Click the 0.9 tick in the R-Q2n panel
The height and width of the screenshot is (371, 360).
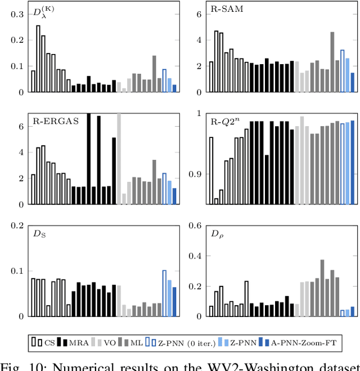click(x=195, y=174)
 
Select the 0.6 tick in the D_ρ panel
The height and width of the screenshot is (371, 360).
click(x=195, y=226)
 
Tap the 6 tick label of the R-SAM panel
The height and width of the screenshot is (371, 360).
click(x=200, y=14)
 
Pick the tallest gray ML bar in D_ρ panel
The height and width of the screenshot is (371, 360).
click(x=322, y=288)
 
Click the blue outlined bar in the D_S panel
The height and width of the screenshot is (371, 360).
click(x=164, y=293)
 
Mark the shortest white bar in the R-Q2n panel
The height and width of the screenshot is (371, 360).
click(x=216, y=201)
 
